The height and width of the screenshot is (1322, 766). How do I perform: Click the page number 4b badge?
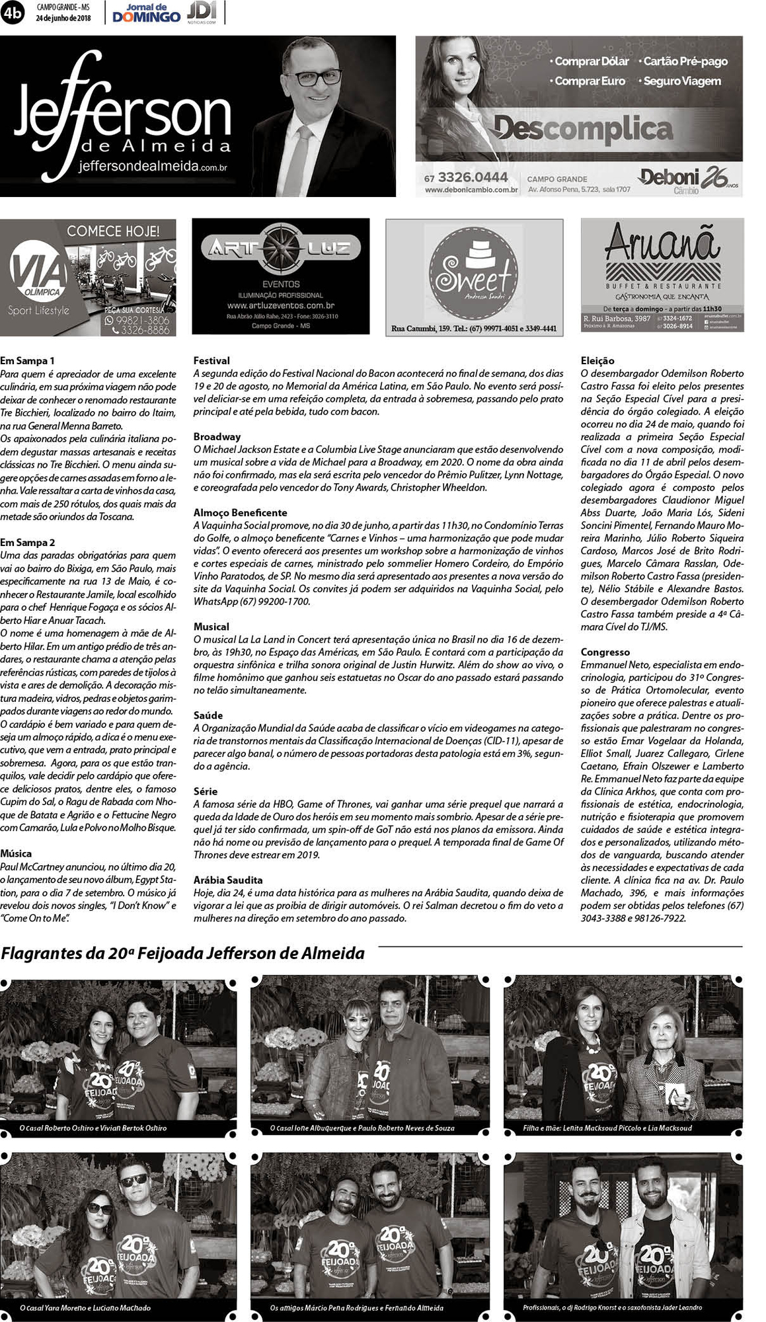tap(12, 13)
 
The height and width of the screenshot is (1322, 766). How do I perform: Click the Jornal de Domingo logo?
tap(146, 13)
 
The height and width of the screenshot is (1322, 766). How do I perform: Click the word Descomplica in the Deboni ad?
tap(582, 128)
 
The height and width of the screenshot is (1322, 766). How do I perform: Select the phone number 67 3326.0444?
tap(466, 177)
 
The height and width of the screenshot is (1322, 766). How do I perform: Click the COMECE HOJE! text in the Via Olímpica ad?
tap(113, 231)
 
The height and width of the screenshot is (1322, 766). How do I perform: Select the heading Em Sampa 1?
tap(27, 361)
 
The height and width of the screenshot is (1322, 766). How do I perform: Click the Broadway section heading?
tap(217, 437)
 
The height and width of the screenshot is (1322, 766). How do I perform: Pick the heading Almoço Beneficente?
tap(231, 513)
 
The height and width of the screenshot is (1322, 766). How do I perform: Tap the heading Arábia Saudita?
tap(228, 880)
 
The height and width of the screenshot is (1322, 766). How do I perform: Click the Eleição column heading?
tap(597, 361)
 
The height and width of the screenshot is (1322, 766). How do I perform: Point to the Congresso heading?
tap(605, 652)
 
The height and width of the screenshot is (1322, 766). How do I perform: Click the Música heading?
tap(16, 854)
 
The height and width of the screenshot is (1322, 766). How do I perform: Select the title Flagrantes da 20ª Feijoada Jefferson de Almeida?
tap(183, 953)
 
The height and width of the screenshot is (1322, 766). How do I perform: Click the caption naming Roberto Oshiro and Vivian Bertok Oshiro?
tap(93, 1128)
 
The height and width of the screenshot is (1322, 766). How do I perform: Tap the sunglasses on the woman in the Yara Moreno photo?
tap(100, 1208)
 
